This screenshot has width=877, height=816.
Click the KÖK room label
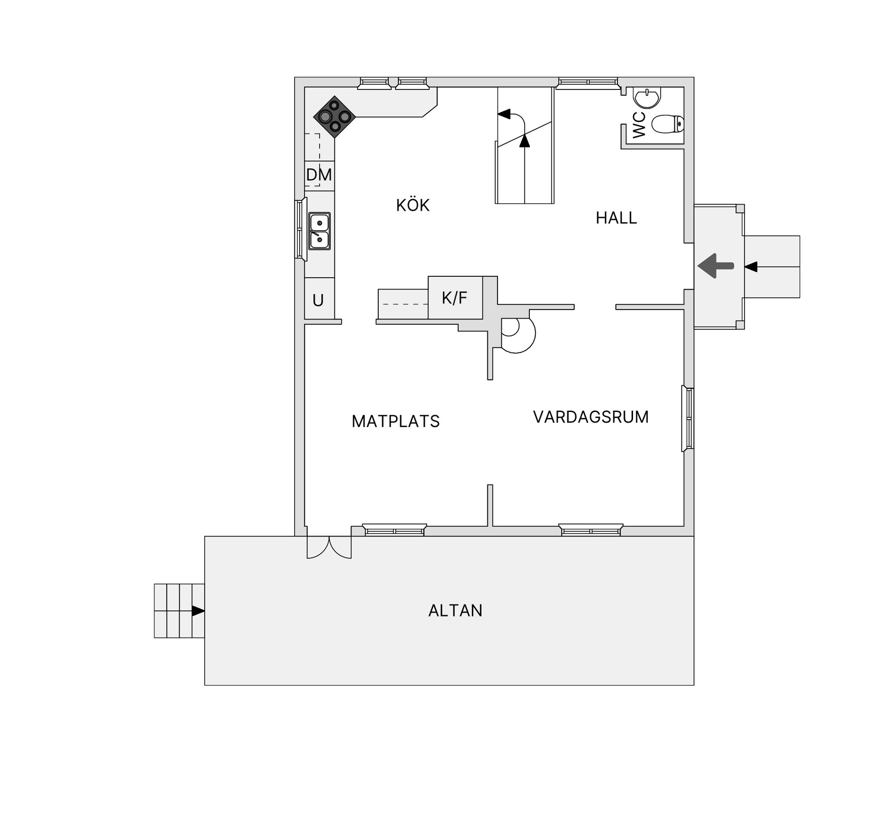[x=413, y=205]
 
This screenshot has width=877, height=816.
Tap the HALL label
[x=616, y=218]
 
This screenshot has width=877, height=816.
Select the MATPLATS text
[x=396, y=421]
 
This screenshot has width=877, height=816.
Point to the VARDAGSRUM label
[x=591, y=417]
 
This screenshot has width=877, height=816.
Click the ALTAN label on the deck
[x=455, y=611]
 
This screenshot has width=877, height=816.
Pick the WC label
[x=639, y=125]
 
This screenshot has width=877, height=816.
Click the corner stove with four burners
[x=335, y=117]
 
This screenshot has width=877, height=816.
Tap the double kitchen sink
[x=319, y=231]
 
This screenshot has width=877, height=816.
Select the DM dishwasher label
[x=319, y=175]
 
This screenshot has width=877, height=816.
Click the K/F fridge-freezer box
[x=455, y=298]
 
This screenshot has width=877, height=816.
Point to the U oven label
[x=318, y=300]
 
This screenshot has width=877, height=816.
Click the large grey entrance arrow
[x=715, y=266]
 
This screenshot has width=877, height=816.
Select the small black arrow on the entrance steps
[x=751, y=267]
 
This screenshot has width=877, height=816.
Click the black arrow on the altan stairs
[x=198, y=611]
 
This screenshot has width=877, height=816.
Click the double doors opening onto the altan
[x=329, y=547]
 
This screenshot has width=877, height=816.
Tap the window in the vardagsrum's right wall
[x=688, y=418]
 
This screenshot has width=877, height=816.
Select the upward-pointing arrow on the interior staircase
[x=525, y=140]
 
